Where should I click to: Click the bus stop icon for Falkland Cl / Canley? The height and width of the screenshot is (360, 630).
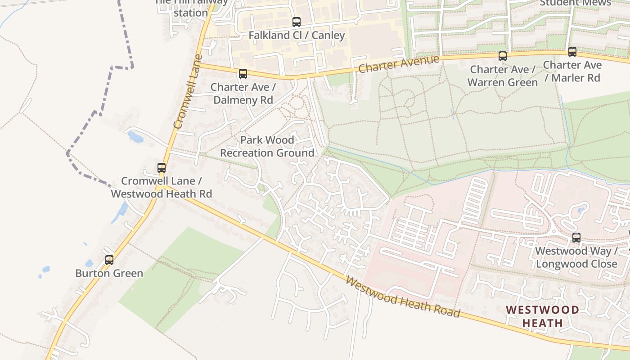296,22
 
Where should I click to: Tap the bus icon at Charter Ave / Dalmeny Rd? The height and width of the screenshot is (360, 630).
243,73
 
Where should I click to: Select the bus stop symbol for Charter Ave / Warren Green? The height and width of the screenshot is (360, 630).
503,56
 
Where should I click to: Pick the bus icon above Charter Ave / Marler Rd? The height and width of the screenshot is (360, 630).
572,51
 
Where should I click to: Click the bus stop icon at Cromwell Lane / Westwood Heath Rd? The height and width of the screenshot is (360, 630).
161,168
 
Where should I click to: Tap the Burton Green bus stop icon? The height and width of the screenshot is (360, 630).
109,260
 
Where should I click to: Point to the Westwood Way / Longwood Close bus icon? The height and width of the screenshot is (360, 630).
576,237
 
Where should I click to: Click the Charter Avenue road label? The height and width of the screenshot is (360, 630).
399,64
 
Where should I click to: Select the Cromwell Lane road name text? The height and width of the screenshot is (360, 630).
186,92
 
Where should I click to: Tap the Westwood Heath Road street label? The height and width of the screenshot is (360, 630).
403,297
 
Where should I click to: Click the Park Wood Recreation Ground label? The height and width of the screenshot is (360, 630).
267,147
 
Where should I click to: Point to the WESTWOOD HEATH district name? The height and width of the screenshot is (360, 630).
542,316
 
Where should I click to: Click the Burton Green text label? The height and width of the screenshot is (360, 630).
109,273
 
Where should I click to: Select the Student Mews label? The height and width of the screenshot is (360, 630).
575,3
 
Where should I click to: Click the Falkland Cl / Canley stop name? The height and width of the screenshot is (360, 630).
297,35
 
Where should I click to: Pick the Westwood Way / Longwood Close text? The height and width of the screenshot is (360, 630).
576,257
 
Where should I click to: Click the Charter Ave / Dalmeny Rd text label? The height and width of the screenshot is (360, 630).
243,93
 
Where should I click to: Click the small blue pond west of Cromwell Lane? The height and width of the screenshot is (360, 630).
135,137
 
